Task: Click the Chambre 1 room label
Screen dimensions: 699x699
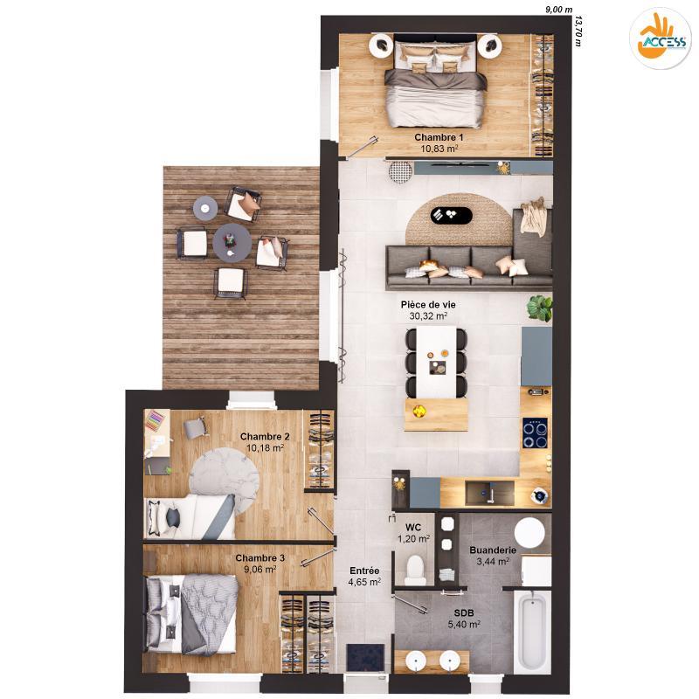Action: pos(439,137)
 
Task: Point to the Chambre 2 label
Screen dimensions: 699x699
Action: pos(265,436)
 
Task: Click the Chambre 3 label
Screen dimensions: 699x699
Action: pos(260,557)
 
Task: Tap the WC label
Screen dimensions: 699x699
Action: pos(413,527)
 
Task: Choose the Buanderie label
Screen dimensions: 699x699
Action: pos(492,550)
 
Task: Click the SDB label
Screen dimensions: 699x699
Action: pos(463,613)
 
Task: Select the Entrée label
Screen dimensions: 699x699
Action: pos(363,570)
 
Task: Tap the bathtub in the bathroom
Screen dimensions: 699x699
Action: pos(530,631)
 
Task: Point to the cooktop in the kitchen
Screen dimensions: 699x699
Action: pos(535,429)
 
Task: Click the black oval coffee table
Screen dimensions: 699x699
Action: pos(452,214)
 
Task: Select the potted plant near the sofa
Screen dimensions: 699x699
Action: pos(540,308)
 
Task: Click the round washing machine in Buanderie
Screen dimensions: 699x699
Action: pos(529,532)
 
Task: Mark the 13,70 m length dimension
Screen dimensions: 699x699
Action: pos(578,28)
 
